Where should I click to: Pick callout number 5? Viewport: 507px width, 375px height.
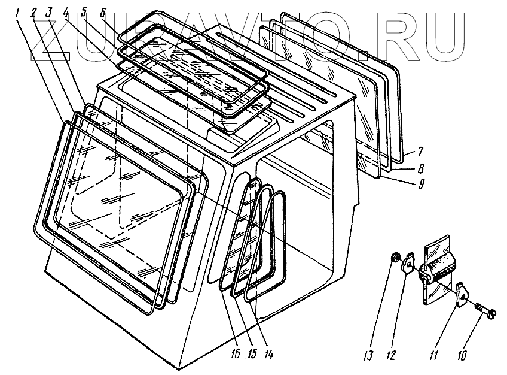tap(84, 11)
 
